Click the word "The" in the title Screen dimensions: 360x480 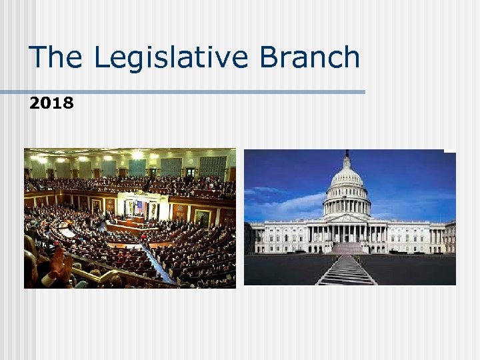point(57,57)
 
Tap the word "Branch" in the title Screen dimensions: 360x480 point(309,57)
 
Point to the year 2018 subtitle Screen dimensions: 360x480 point(52,103)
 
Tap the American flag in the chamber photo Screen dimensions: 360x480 point(139,207)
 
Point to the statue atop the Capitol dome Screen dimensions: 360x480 point(346,155)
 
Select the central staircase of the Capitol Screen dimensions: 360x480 point(347,247)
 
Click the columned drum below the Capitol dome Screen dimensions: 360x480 point(346,203)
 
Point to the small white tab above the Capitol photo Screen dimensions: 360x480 point(450,151)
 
